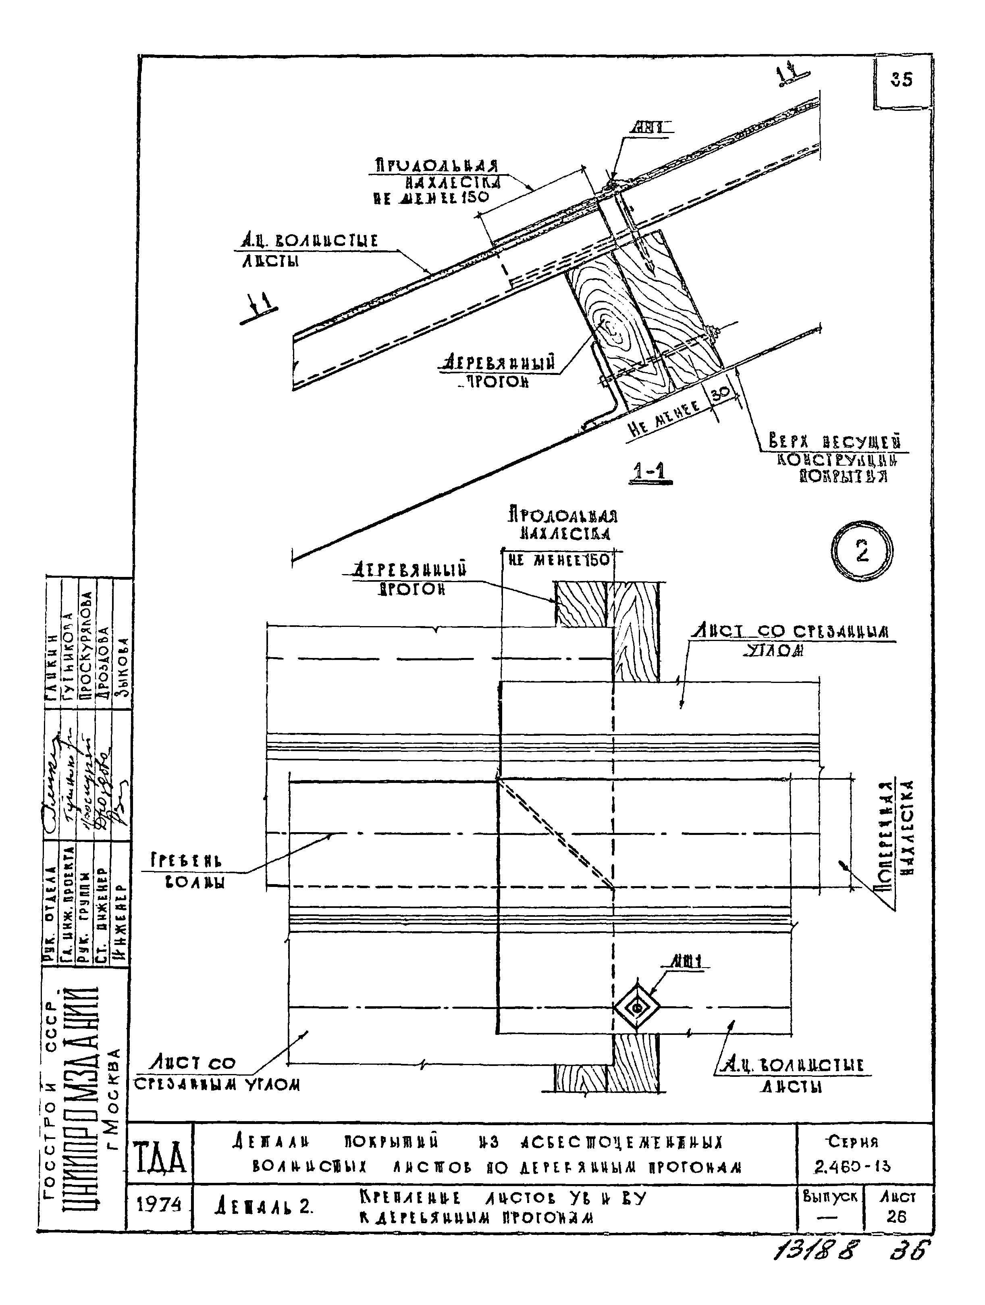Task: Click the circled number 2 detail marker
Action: click(x=862, y=552)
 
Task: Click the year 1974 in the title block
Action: click(x=159, y=1204)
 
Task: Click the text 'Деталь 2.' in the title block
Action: click(x=263, y=1207)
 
